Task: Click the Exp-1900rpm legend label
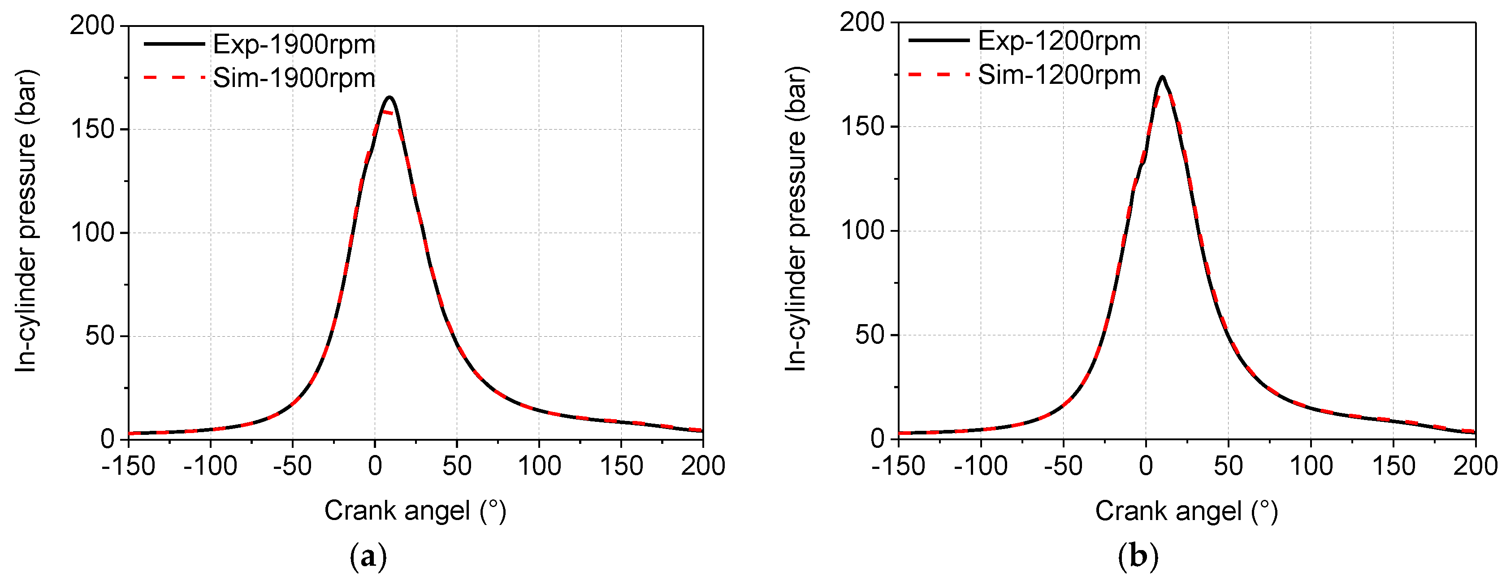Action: tap(294, 44)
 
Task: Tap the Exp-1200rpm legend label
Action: tap(1059, 41)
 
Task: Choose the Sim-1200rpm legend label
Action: tap(1059, 75)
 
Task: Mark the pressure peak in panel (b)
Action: tap(1162, 77)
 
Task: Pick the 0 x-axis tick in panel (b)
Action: tap(1146, 466)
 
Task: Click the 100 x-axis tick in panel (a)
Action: tap(539, 466)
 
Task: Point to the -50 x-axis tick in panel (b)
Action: tap(1063, 466)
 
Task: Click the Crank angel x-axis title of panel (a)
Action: tap(415, 511)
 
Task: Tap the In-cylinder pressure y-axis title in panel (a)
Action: tap(26, 221)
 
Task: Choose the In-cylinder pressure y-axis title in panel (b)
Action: tap(796, 219)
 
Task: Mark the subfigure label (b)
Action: tap(1138, 556)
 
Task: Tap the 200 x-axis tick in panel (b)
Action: tap(1476, 466)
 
